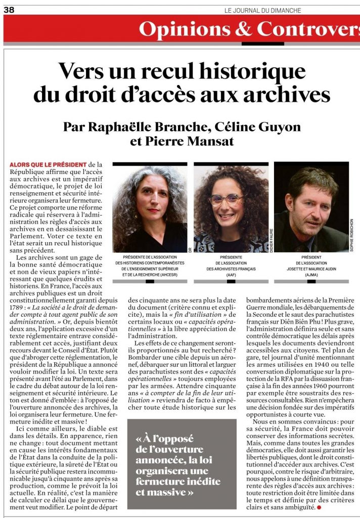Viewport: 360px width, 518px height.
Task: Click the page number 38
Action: point(9,10)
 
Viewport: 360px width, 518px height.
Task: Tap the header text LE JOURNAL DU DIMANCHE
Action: point(263,10)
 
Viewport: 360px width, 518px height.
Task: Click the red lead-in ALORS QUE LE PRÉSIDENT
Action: point(48,165)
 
